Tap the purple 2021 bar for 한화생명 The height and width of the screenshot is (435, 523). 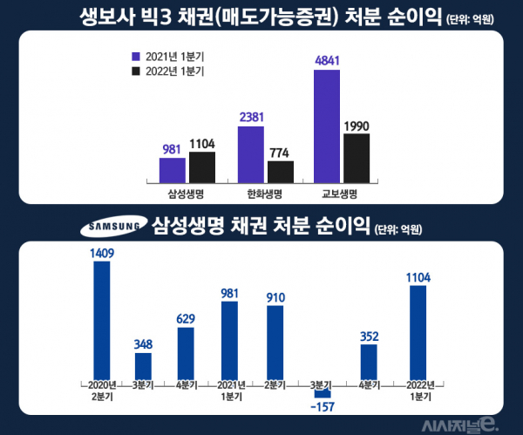[250, 154]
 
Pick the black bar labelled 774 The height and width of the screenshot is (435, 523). [281, 172]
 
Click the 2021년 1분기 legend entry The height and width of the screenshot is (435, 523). [167, 55]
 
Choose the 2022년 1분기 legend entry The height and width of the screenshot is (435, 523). [167, 71]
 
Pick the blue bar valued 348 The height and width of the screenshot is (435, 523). [143, 366]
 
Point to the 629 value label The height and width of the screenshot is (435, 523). [186, 318]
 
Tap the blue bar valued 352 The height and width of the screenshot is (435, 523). [369, 362]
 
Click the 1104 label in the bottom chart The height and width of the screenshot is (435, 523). [418, 277]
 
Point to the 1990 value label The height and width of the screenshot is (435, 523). [357, 126]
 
